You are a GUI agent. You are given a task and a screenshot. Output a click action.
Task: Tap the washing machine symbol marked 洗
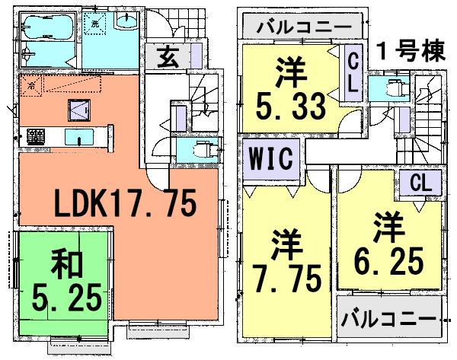pyautogui.click(x=94, y=23)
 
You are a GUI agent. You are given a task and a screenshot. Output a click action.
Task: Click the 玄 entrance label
pyautogui.click(x=168, y=58)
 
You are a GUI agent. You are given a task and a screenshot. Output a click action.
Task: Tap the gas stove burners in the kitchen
pyautogui.click(x=35, y=137)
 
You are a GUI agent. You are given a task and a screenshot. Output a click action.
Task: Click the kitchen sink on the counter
pyautogui.click(x=78, y=137)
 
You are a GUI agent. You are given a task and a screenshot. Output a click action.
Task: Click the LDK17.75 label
pyautogui.click(x=126, y=203)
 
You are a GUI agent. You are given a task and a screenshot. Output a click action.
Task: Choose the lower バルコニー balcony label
pyautogui.click(x=388, y=316)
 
